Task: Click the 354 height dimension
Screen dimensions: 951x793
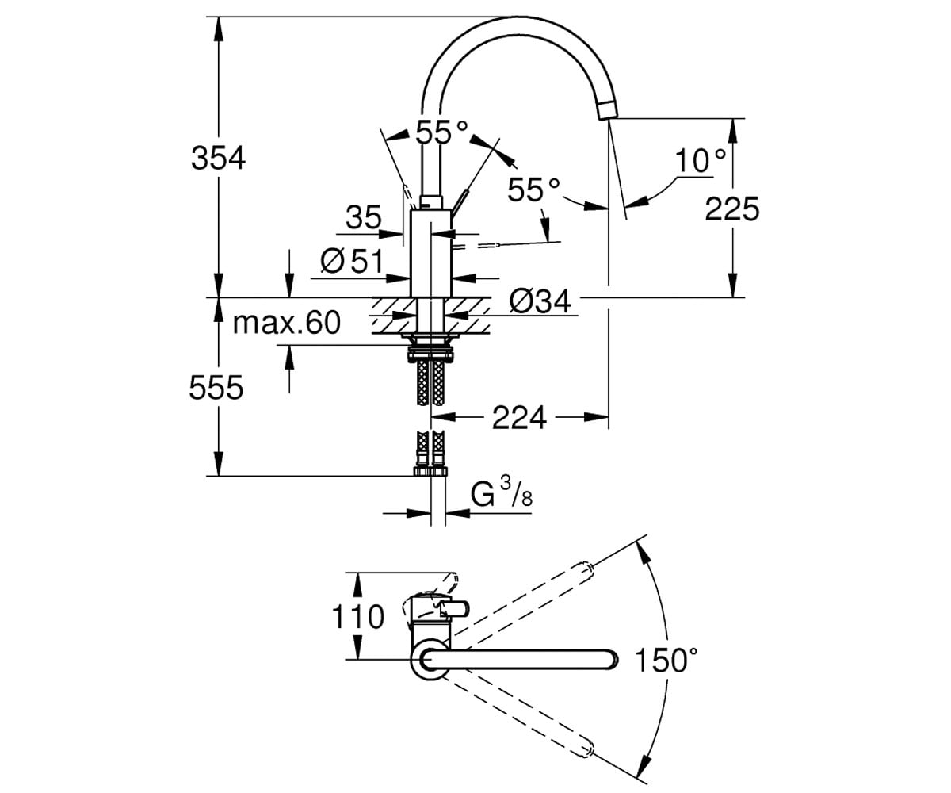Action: click(x=218, y=158)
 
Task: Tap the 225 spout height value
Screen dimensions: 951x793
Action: click(x=732, y=209)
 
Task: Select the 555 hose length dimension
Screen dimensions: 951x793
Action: click(x=216, y=388)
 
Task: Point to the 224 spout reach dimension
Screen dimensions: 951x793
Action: click(x=519, y=417)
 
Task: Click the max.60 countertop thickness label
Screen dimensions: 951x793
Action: click(x=286, y=323)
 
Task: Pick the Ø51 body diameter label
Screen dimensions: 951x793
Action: click(x=352, y=261)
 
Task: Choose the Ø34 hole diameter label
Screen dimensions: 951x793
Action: click(x=540, y=301)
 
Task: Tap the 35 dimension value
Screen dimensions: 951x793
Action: click(x=363, y=217)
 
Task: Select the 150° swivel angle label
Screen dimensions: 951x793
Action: click(x=666, y=661)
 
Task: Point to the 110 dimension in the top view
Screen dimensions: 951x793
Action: click(x=358, y=617)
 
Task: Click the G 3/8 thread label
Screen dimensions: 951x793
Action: click(x=501, y=495)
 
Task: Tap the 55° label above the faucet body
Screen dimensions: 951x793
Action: click(x=441, y=132)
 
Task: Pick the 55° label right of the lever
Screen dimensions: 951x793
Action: click(x=533, y=190)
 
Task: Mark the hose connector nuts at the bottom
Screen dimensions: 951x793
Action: click(x=430, y=471)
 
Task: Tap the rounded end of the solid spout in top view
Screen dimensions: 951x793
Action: click(x=612, y=660)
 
